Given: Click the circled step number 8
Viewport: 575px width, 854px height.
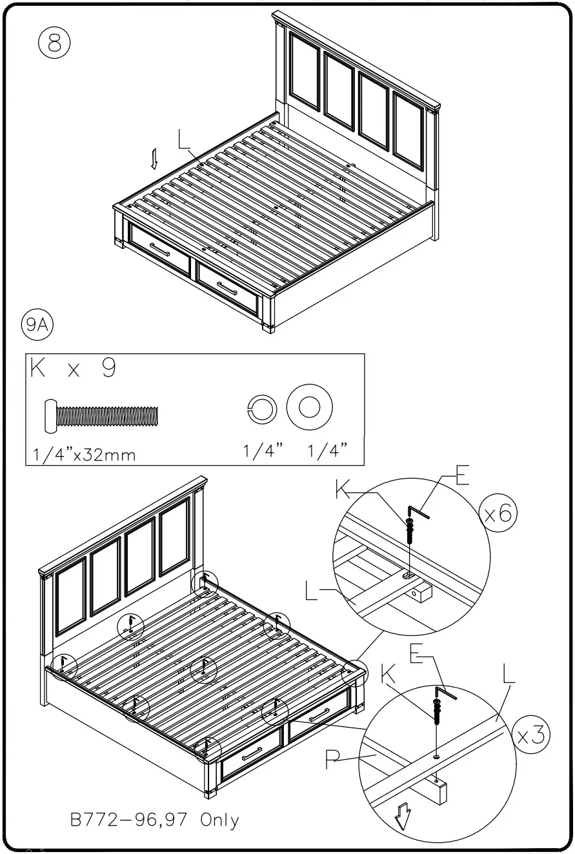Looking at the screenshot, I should [54, 45].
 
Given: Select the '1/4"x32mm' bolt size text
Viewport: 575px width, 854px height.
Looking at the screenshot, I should [84, 454].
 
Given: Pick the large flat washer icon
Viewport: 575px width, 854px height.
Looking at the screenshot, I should [309, 408].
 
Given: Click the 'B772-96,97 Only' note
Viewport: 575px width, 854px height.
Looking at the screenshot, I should [154, 820].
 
